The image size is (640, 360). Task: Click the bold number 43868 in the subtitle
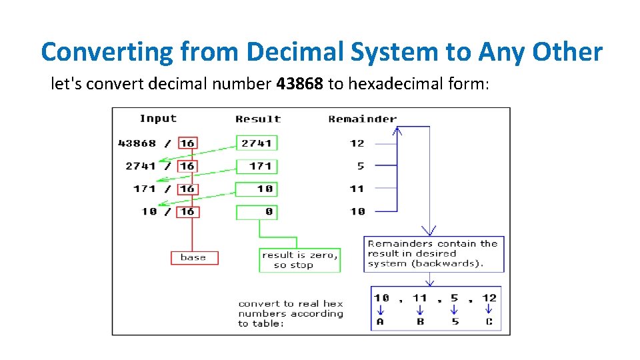tap(299, 85)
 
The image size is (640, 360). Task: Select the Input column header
tap(158, 119)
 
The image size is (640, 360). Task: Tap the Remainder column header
tap(362, 119)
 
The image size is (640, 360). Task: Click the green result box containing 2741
tap(257, 143)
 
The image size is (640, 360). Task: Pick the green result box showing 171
tap(257, 166)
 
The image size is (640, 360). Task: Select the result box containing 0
tap(257, 211)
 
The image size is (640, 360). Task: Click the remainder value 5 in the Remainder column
tap(360, 166)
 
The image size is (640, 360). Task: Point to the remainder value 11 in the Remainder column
tap(357, 189)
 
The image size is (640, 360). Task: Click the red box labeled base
tap(194, 257)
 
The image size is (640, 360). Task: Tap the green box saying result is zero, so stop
tap(299, 260)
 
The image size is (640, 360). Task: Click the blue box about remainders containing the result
tap(433, 254)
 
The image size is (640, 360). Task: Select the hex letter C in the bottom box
tap(489, 321)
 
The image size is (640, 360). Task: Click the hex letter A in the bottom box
tap(380, 321)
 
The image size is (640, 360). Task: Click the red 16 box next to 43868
tap(187, 143)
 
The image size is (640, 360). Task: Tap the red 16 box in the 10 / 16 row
tap(187, 211)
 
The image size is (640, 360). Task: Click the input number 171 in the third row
tap(144, 189)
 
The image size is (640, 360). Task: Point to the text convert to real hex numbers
tap(291, 313)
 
